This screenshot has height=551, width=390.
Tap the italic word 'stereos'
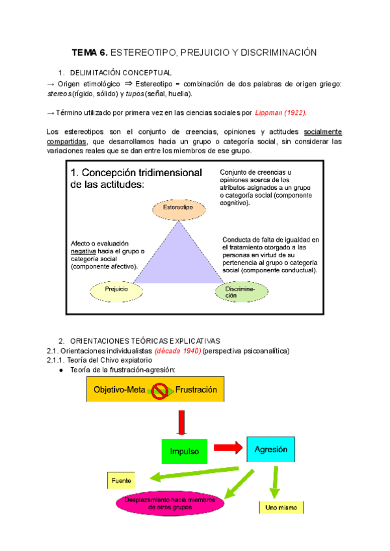60,94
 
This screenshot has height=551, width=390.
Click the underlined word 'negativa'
84,251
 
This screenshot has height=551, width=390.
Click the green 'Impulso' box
184,450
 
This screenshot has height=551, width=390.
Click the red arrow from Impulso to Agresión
227,448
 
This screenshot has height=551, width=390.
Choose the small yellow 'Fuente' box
121,481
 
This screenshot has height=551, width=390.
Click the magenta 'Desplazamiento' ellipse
170,502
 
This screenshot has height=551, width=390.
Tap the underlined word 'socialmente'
322,132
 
